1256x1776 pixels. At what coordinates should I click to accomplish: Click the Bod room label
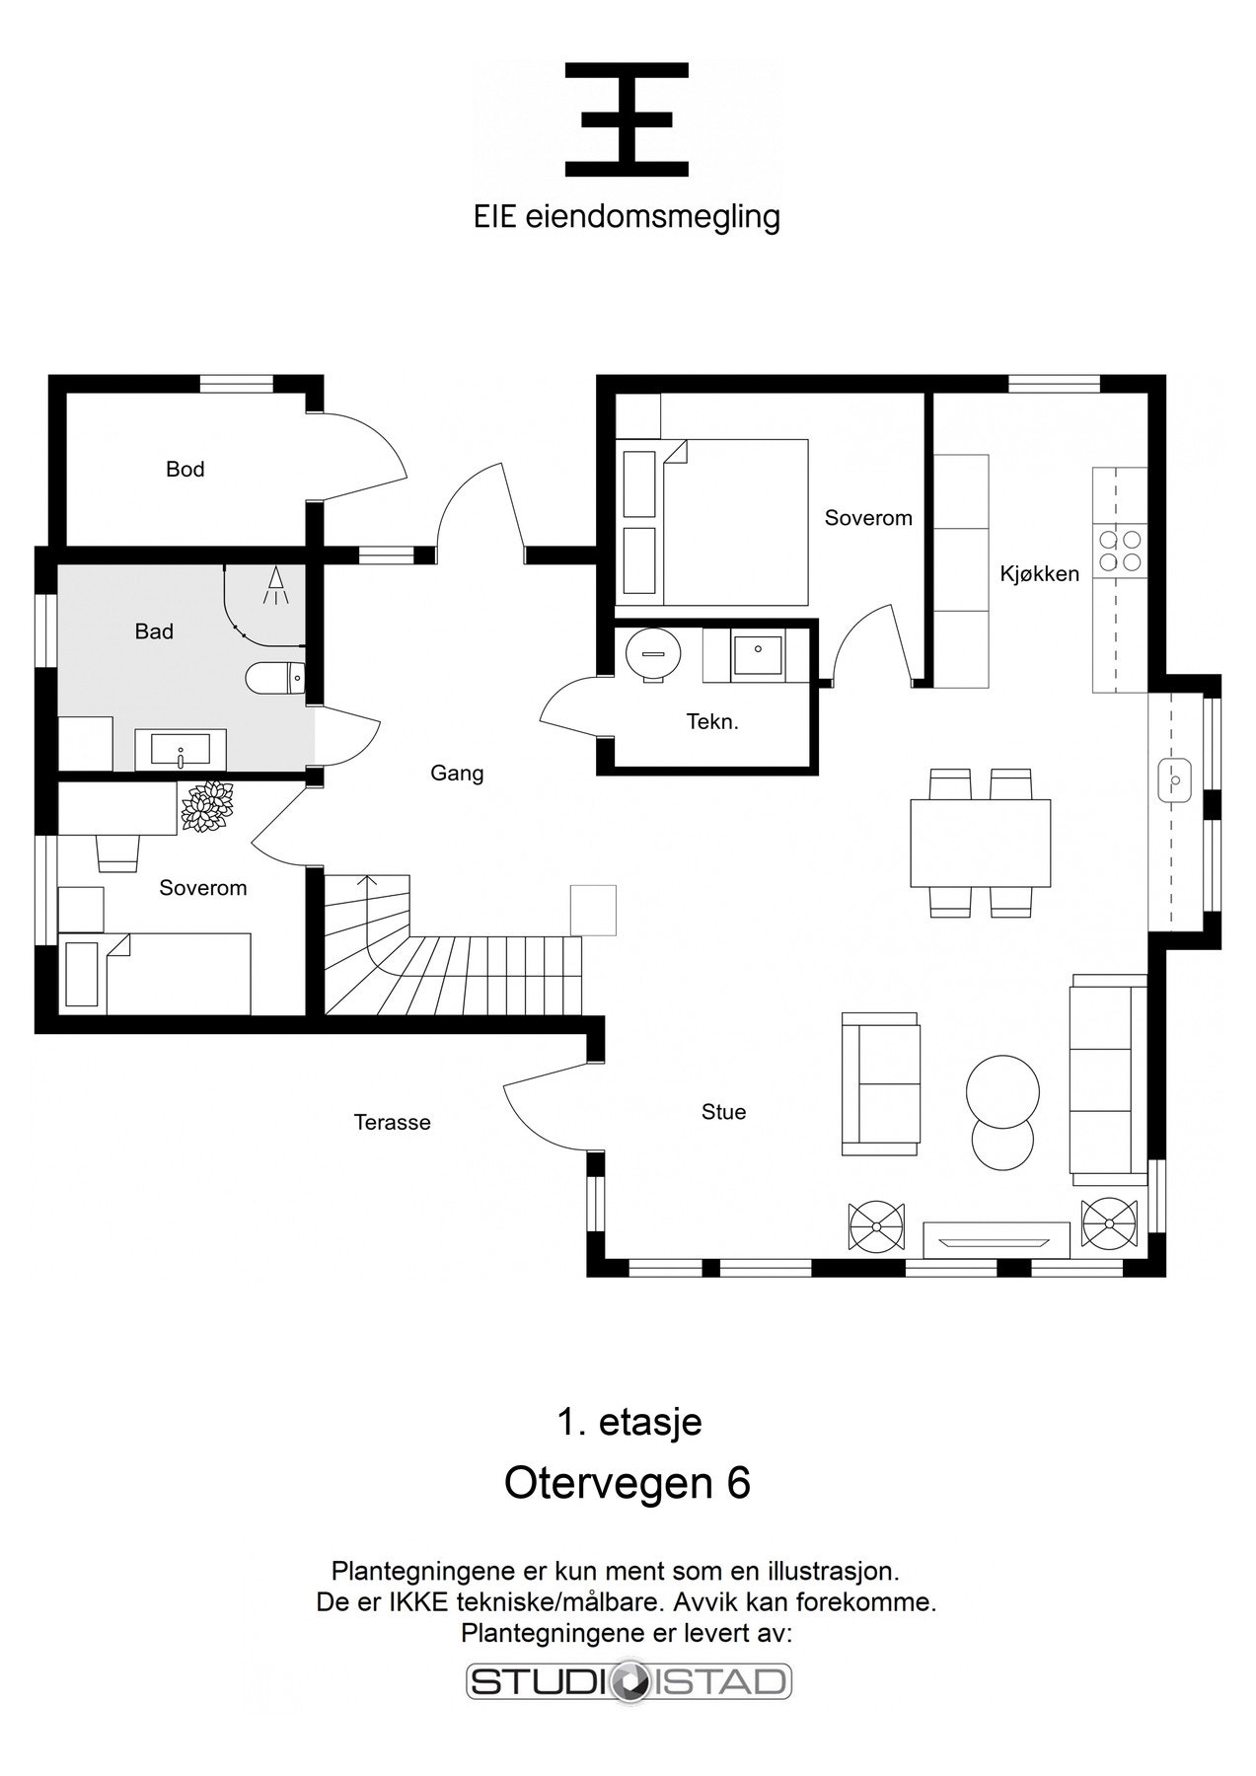coord(185,470)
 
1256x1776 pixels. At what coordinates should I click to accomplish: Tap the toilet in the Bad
coord(274,679)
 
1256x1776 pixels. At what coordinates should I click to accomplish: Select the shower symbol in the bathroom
coord(275,586)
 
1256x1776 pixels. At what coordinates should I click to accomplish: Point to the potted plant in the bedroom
coord(208,807)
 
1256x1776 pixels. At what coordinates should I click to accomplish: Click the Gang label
coord(457,773)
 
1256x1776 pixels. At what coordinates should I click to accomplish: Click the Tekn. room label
coord(712,722)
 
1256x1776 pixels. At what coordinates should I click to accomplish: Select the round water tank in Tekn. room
coord(653,652)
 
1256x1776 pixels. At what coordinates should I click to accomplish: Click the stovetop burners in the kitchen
coord(1120,551)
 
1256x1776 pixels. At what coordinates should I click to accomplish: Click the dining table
coord(980,843)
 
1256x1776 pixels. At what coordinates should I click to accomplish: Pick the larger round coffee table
coord(1001,1090)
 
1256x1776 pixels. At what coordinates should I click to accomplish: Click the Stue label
coord(723,1112)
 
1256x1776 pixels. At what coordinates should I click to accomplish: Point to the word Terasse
coord(393,1122)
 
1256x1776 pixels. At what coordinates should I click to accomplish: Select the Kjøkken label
coord(1040,573)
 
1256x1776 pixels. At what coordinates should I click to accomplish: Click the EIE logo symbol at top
coord(627,119)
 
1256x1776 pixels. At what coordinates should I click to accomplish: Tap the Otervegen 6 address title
coord(628,1483)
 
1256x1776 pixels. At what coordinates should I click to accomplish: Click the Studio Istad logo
coord(628,1681)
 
